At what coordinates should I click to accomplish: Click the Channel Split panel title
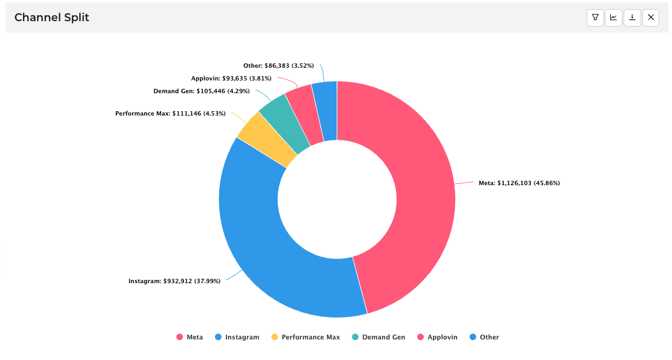(x=51, y=18)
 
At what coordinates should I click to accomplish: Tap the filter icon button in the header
(x=595, y=18)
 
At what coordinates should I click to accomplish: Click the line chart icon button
(x=613, y=18)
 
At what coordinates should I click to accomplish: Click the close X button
(x=651, y=18)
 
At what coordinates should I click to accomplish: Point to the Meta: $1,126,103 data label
(x=519, y=183)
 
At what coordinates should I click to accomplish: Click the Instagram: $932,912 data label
(x=174, y=281)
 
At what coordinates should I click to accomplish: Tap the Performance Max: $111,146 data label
(x=170, y=113)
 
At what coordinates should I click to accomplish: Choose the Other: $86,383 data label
(x=278, y=65)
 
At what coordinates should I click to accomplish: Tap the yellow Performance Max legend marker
(x=275, y=337)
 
